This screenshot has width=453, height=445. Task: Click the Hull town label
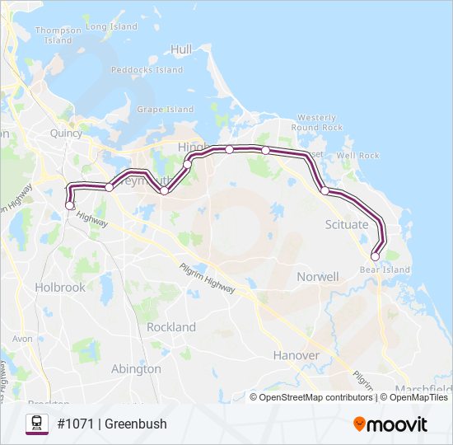[x=181, y=49]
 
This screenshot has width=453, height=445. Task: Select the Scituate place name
[x=347, y=224]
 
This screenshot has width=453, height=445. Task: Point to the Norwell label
[x=317, y=277]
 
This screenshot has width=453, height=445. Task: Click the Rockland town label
[x=171, y=327]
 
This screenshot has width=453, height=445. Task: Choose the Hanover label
[x=296, y=355]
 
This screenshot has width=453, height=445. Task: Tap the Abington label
[x=136, y=369]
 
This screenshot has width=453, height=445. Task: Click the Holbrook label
[x=60, y=288]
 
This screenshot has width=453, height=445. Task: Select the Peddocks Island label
[x=147, y=70]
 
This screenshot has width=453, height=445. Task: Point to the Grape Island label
[x=165, y=110]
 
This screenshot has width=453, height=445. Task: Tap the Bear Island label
[x=385, y=269]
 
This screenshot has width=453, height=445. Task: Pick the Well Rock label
[x=357, y=155]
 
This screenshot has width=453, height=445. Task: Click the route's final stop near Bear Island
[x=376, y=256]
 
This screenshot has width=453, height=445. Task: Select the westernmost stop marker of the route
[x=69, y=205]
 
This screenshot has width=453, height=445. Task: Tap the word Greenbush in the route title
[x=136, y=424]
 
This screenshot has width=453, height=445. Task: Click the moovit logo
[x=390, y=424]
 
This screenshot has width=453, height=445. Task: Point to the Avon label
[x=22, y=339]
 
